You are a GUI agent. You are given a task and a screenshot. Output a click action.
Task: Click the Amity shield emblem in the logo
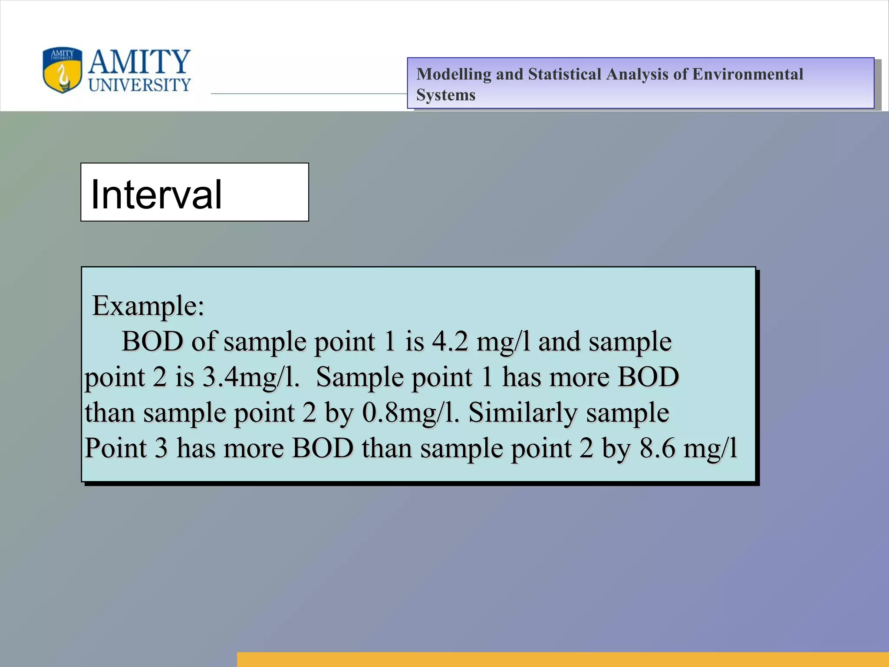[x=62, y=70]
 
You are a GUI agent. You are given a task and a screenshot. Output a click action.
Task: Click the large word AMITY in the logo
[x=139, y=62]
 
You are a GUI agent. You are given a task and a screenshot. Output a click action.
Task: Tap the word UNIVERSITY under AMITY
[x=139, y=85]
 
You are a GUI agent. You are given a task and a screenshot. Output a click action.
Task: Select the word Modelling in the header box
[x=454, y=74]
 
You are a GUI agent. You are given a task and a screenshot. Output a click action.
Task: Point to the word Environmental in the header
[x=747, y=74]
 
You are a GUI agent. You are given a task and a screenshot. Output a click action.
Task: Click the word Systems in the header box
[x=446, y=95]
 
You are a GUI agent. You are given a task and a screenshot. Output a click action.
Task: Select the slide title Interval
[x=156, y=194]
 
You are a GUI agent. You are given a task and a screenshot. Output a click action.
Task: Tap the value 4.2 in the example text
[x=450, y=341]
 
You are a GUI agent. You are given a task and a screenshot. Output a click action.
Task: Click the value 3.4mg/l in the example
[x=251, y=377]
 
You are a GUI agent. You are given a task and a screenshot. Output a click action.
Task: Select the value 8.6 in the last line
[x=657, y=448]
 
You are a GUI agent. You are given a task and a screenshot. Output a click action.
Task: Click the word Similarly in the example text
[x=523, y=413]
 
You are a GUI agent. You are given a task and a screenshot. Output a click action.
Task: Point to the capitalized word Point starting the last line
[x=115, y=448]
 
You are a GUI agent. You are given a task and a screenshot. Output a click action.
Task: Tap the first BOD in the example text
[x=152, y=341]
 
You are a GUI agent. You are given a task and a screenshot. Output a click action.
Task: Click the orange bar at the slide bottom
[x=563, y=659]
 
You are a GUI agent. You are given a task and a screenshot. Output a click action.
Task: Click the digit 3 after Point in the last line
[x=161, y=448]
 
